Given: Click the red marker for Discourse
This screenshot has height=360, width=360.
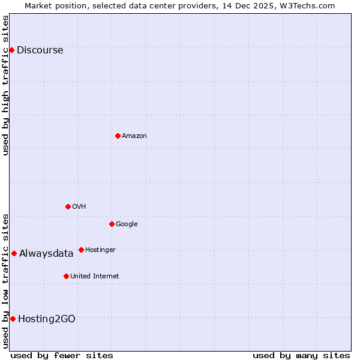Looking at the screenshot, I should pyautogui.click(x=11, y=50).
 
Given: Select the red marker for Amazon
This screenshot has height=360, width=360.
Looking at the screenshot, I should pyautogui.click(x=118, y=136).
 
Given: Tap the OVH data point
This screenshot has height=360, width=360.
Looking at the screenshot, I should pyautogui.click(x=68, y=206).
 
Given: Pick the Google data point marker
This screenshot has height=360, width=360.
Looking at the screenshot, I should pyautogui.click(x=112, y=224).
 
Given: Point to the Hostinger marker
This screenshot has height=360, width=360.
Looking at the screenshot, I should pyautogui.click(x=81, y=250).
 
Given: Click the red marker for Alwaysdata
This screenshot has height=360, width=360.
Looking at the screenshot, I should pyautogui.click(x=14, y=253).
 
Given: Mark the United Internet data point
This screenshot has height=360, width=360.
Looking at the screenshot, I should pyautogui.click(x=66, y=276).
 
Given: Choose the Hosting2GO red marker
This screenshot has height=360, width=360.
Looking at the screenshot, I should pyautogui.click(x=13, y=319).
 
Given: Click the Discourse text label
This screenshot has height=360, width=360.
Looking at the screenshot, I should pyautogui.click(x=40, y=50).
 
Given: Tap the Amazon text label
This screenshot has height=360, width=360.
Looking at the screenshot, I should pyautogui.click(x=134, y=136).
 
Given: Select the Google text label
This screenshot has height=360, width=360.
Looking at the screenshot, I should pyautogui.click(x=127, y=224).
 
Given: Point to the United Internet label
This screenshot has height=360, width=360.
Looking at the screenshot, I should pyautogui.click(x=94, y=277).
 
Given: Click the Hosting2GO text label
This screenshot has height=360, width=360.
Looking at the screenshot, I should pyautogui.click(x=47, y=319).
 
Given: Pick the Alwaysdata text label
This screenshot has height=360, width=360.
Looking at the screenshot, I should pyautogui.click(x=46, y=254).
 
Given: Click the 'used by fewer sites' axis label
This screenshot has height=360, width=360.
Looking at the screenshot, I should pyautogui.click(x=62, y=355).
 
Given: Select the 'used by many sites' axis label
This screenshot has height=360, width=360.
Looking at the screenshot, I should pyautogui.click(x=301, y=355).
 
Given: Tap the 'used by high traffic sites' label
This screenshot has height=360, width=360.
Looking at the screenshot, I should pyautogui.click(x=5, y=85).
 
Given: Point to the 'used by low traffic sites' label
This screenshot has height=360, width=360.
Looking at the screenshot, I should pyautogui.click(x=5, y=281).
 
